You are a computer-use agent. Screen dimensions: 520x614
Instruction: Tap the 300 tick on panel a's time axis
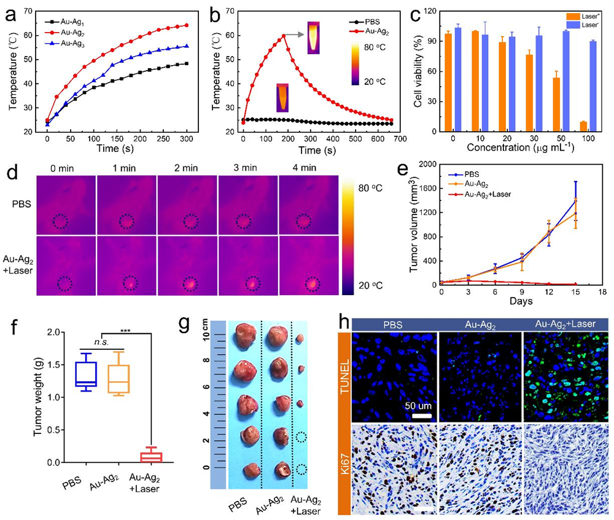coord(185,141)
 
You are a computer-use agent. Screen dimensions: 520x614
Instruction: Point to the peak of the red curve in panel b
coord(283,36)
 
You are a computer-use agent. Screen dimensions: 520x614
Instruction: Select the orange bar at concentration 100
coord(583,127)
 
